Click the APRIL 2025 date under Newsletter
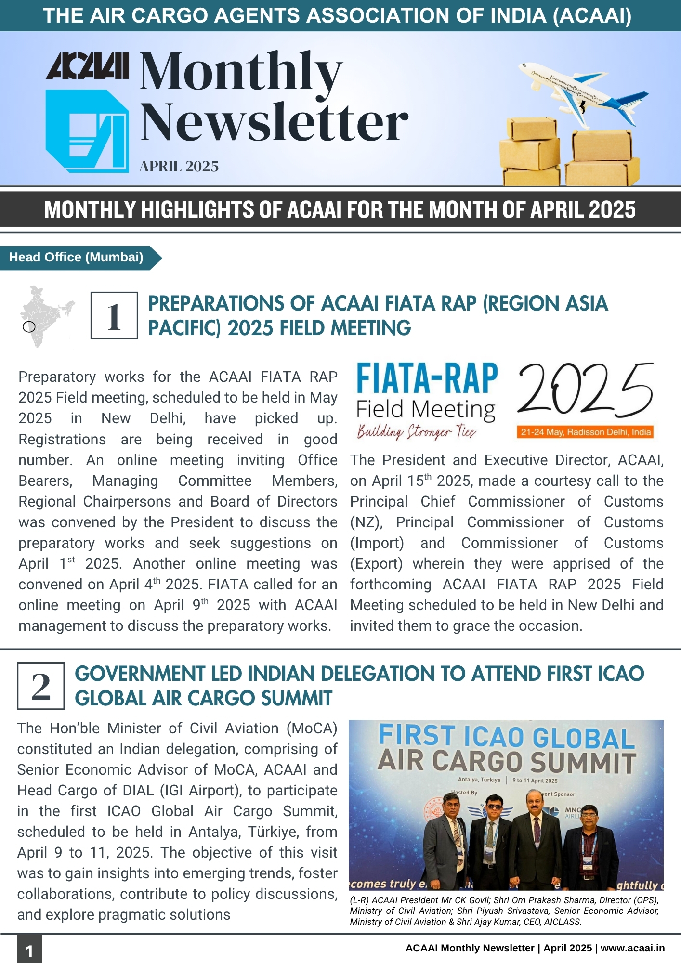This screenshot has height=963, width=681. click(179, 167)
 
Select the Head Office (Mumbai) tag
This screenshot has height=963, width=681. click(76, 258)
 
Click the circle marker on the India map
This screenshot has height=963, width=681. click(29, 327)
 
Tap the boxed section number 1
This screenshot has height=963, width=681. click(114, 316)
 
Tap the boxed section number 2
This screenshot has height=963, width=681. click(41, 686)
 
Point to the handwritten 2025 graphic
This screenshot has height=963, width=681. click(585, 390)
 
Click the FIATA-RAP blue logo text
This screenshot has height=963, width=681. click(427, 379)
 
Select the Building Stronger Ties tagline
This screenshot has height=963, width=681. click(417, 431)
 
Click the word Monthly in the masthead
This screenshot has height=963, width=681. click(241, 72)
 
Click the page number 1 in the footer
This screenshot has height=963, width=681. click(29, 951)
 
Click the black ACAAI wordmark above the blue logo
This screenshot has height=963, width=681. click(87, 66)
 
